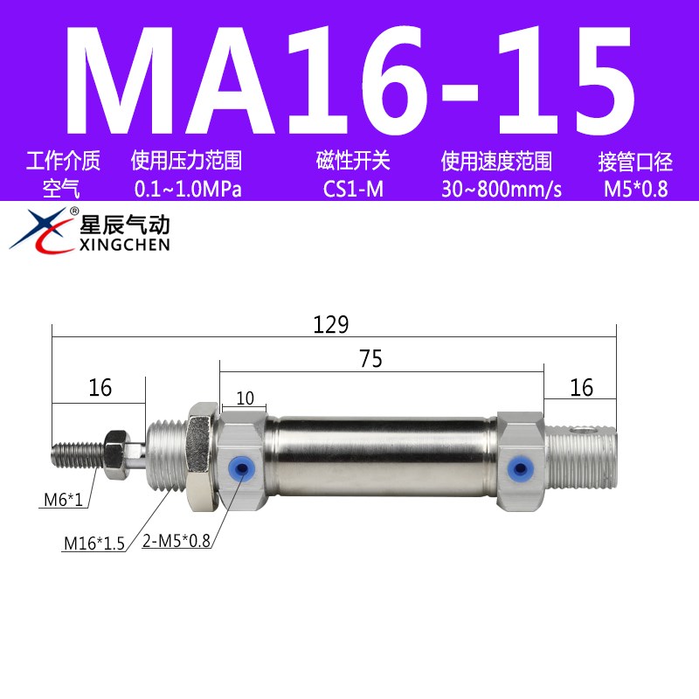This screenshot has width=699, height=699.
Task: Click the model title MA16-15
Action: [349, 79]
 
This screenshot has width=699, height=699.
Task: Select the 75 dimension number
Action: [370, 359]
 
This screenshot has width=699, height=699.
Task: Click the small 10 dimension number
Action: [245, 398]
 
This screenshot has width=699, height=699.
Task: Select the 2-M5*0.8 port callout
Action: [176, 542]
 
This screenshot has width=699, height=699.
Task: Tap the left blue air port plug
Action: [235, 467]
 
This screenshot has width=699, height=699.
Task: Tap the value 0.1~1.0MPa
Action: [186, 189]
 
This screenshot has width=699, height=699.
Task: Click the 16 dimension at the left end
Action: [100, 387]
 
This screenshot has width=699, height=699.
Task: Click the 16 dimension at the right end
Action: [581, 387]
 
